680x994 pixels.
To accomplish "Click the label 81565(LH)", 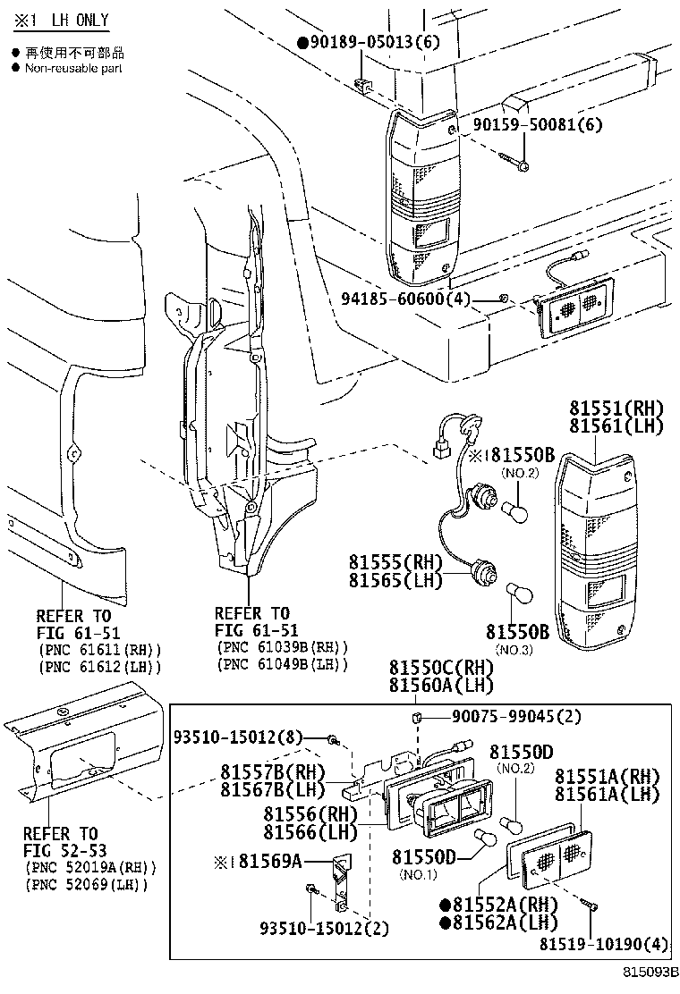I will point(395,581).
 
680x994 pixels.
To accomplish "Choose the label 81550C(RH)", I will point(440,668).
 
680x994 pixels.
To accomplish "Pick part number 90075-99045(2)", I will point(504,716).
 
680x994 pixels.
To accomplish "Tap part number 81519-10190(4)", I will point(602,943).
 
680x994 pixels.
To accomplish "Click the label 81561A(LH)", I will point(608,794).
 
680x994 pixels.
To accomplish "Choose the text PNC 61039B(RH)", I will point(282,647).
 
